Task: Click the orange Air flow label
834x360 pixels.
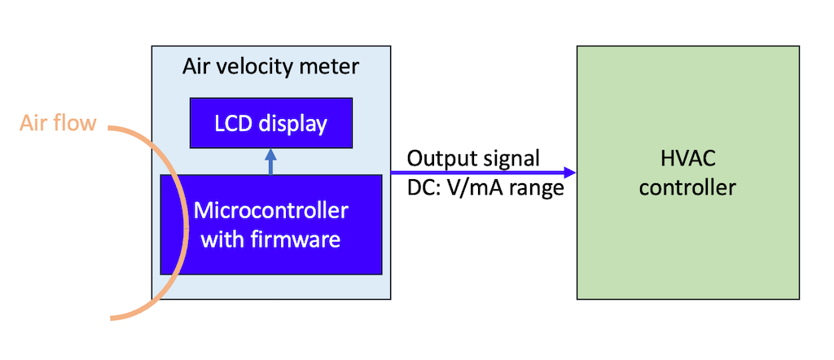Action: coord(59,124)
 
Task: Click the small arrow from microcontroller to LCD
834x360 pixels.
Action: coord(271,161)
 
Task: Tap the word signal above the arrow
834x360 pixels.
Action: coord(510,158)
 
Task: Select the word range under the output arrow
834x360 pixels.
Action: coord(538,189)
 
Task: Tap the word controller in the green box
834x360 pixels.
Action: coord(687,188)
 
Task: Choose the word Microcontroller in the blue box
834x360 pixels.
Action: coord(271,211)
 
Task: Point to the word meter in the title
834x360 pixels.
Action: coord(331,66)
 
